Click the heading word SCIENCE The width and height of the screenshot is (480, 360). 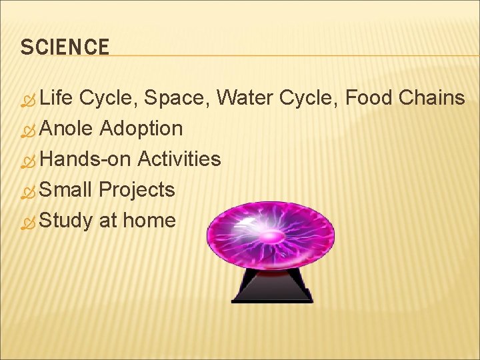(65, 47)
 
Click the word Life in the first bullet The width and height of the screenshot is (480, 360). (57, 98)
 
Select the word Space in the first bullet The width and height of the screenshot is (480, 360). (175, 98)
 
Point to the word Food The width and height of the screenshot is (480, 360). (369, 98)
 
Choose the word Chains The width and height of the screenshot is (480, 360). (431, 98)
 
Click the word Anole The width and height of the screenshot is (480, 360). (66, 128)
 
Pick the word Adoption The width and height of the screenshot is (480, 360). (141, 128)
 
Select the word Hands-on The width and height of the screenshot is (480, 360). (85, 159)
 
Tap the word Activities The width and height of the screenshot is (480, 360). (179, 159)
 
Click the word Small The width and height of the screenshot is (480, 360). (65, 189)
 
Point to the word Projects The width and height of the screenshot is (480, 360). (137, 190)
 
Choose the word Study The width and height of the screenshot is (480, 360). (66, 221)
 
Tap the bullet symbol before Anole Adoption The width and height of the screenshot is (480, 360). (27, 130)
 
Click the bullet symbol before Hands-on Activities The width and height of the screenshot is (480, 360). (27, 161)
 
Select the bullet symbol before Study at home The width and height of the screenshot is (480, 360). (27, 222)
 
